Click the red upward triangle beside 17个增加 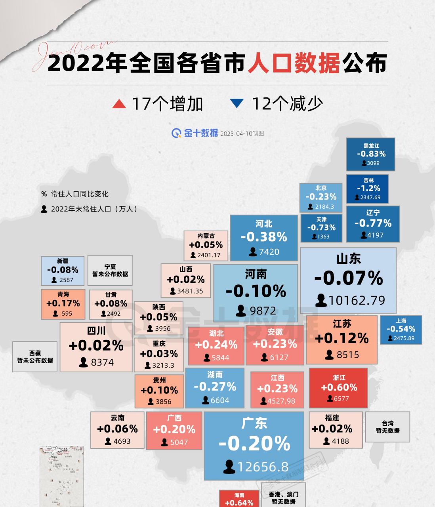119,104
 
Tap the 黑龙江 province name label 371,146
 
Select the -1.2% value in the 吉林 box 368,188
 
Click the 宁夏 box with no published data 110,270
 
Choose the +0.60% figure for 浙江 339,387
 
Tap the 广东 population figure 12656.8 263,467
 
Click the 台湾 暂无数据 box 387,427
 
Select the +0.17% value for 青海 63,303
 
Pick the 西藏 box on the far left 35,356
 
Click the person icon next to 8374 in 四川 83,362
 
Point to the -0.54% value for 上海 401,329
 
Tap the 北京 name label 321,188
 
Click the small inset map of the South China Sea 61,475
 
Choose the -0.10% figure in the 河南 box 256,291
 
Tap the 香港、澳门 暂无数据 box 284,498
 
